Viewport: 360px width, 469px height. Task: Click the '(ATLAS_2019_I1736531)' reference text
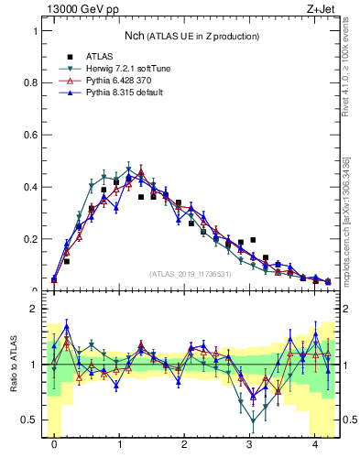(x=190, y=274)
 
